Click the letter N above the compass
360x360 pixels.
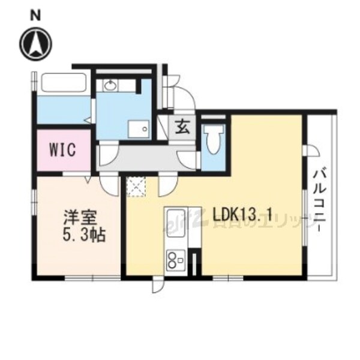coord(35,15)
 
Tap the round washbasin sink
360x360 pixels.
coord(110,86)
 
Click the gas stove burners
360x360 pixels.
coord(176,259)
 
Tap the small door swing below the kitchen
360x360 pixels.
coord(157,286)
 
